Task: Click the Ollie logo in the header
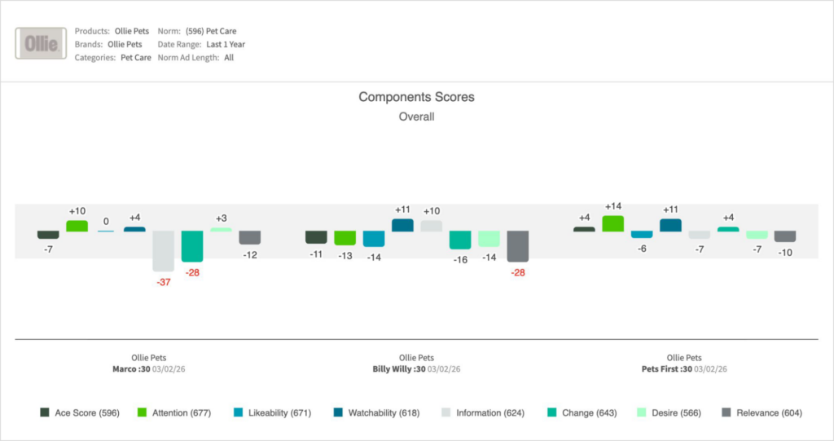[41, 44]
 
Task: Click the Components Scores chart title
[416, 97]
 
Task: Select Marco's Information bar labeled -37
[163, 250]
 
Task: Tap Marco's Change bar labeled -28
[191, 245]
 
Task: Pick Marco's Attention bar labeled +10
[77, 226]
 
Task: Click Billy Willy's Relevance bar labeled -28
[517, 245]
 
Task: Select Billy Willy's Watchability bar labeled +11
[402, 225]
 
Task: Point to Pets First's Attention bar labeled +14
[612, 223]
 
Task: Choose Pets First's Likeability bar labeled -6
[642, 234]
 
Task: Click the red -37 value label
[164, 282]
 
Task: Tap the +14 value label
[612, 207]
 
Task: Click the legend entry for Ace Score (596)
[80, 413]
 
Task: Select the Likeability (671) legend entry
[271, 413]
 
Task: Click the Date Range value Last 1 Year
[226, 44]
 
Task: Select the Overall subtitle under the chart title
[416, 117]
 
